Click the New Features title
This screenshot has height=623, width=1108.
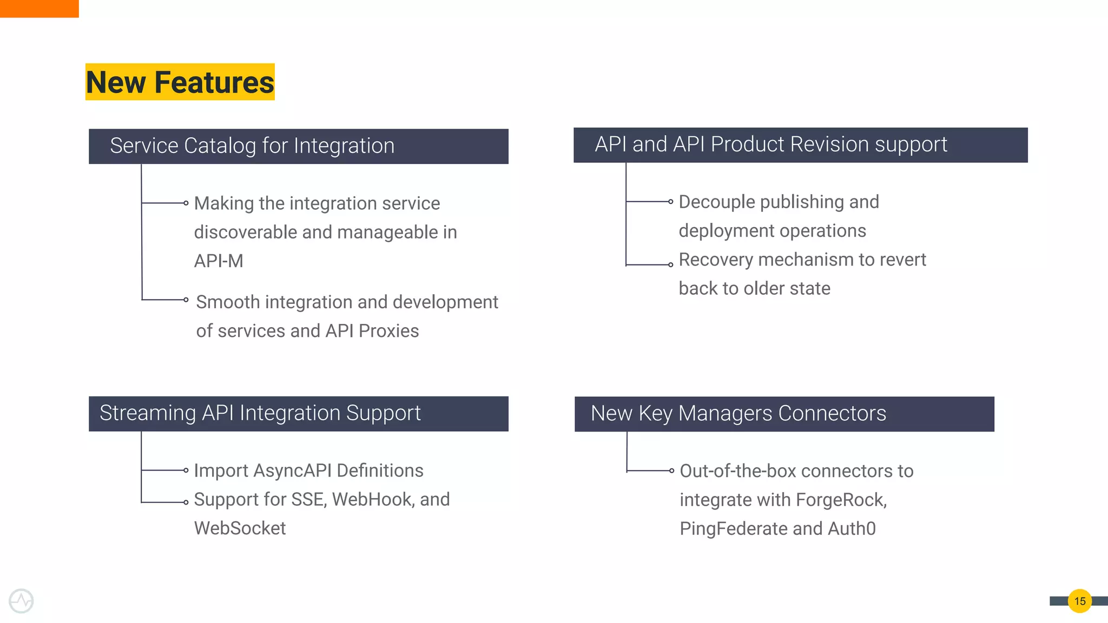click(180, 82)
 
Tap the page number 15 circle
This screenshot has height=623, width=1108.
click(1079, 601)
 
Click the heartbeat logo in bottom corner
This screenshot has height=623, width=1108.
click(21, 601)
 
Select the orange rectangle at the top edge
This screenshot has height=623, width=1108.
click(39, 8)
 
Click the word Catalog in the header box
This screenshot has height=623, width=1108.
click(220, 146)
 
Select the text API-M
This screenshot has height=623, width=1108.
click(219, 261)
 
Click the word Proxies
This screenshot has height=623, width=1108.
click(388, 331)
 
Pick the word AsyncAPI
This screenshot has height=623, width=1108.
click(292, 470)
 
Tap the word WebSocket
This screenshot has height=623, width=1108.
click(240, 528)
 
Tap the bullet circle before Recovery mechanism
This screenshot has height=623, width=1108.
click(671, 265)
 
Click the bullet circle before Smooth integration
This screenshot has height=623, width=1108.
click(186, 300)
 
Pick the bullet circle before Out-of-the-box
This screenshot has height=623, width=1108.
click(671, 471)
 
